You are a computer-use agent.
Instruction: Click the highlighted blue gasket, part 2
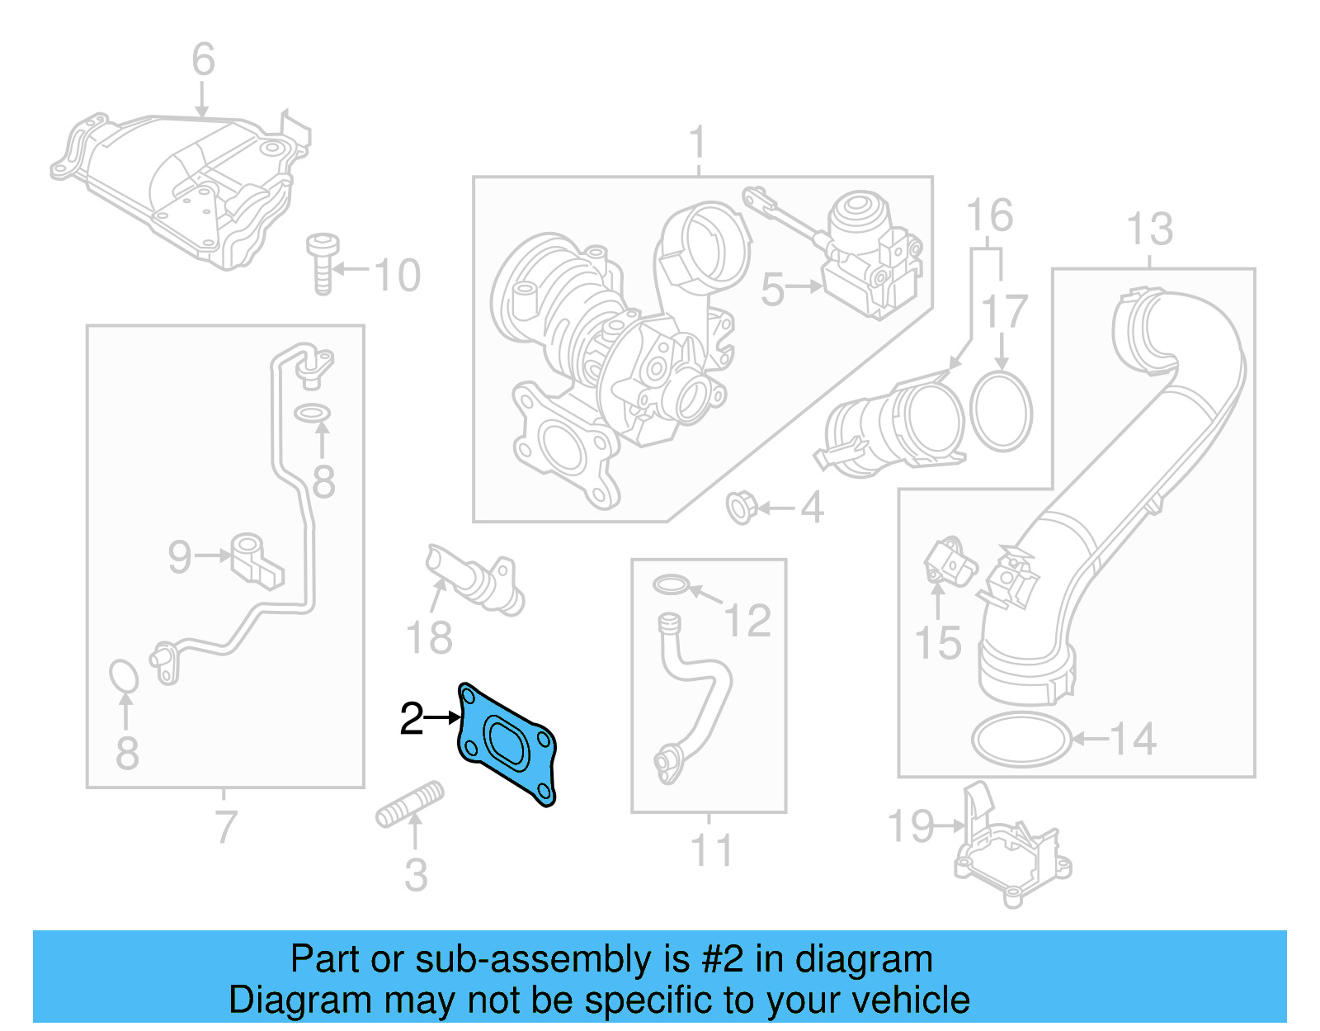point(506,742)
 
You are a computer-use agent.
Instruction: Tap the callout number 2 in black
point(412,719)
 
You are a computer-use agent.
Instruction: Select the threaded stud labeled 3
point(410,805)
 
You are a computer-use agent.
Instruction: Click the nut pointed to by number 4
point(740,507)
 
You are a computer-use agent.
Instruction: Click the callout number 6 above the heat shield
point(203,60)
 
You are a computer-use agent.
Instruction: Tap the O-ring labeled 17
point(1001,411)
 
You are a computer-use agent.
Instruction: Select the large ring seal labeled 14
point(1021,740)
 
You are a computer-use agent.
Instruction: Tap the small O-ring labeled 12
point(671,585)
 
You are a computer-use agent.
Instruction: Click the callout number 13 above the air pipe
point(1149,229)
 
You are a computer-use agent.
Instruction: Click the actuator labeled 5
point(870,256)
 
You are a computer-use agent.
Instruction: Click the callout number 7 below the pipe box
point(225,826)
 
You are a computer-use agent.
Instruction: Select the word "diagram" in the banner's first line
point(864,959)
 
